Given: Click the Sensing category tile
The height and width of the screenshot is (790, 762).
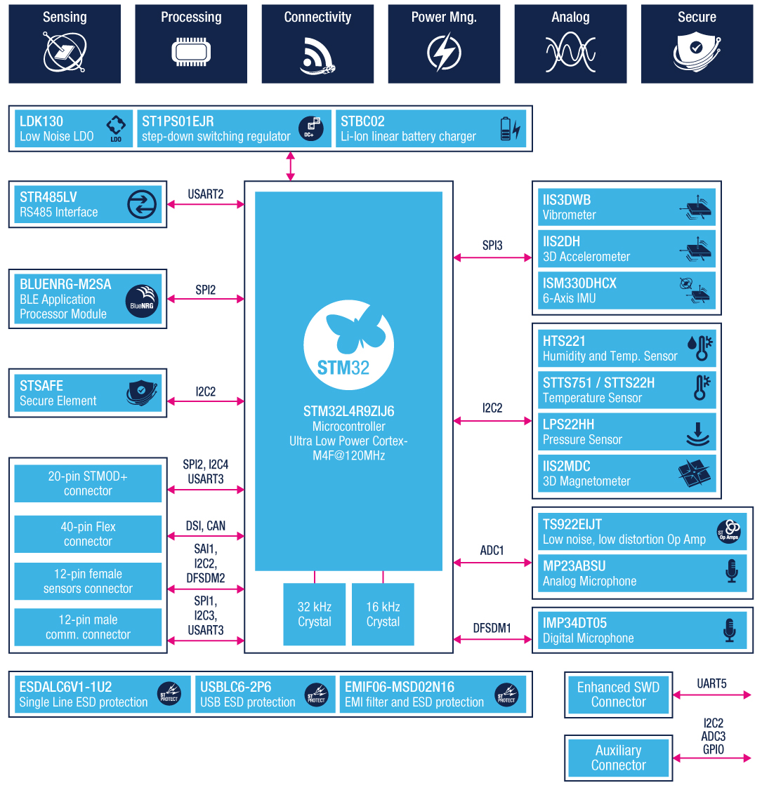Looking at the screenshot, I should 65,44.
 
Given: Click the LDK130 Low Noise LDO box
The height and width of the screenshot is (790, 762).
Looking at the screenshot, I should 72,128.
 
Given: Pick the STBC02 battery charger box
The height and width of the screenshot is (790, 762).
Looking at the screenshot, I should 431,128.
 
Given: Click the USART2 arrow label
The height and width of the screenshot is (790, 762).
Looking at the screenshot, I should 206,194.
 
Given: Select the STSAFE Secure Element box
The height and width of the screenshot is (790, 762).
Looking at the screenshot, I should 88,393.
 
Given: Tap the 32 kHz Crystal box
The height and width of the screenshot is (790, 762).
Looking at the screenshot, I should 314,614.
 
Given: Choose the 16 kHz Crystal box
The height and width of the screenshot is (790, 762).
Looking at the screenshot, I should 383,614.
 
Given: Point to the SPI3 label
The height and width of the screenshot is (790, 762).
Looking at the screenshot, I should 492,246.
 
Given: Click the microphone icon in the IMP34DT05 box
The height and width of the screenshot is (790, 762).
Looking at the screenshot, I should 730,630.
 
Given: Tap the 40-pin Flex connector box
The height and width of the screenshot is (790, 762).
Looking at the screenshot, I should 88,534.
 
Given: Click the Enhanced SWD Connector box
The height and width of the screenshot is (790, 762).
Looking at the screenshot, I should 618,695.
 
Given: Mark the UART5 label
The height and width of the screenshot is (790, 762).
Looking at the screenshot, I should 711,683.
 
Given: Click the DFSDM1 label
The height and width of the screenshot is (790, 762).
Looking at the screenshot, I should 492,628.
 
